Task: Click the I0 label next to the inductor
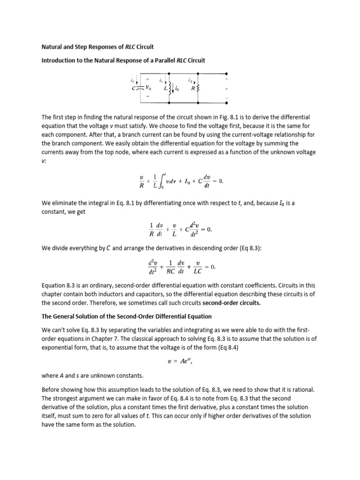[x=176, y=88]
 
